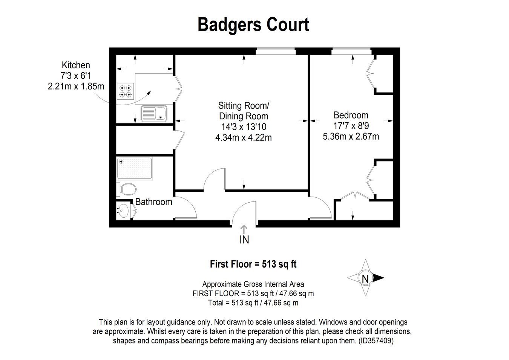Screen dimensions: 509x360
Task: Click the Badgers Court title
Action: [x=253, y=25]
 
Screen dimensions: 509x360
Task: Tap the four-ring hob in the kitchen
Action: [x=126, y=91]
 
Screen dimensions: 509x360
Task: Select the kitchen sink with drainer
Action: [x=154, y=114]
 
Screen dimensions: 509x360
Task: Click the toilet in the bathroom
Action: [x=126, y=189]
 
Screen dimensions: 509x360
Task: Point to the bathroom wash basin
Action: [x=123, y=211]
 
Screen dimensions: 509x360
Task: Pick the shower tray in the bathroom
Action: [x=135, y=168]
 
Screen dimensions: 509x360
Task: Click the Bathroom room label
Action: [x=153, y=202]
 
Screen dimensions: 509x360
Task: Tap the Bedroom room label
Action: [x=351, y=115]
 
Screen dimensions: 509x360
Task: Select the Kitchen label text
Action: [x=76, y=65]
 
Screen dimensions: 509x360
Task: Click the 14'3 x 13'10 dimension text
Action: [x=244, y=127]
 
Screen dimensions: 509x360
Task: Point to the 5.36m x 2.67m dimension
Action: [x=351, y=137]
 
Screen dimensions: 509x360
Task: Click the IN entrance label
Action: [x=244, y=240]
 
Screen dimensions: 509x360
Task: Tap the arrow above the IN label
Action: [x=244, y=230]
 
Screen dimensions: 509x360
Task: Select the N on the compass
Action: [x=365, y=279]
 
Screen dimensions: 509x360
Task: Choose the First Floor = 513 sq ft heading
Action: [x=253, y=264]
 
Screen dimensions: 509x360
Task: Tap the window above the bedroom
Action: [x=351, y=51]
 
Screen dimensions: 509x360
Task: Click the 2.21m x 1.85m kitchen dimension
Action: [x=76, y=86]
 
